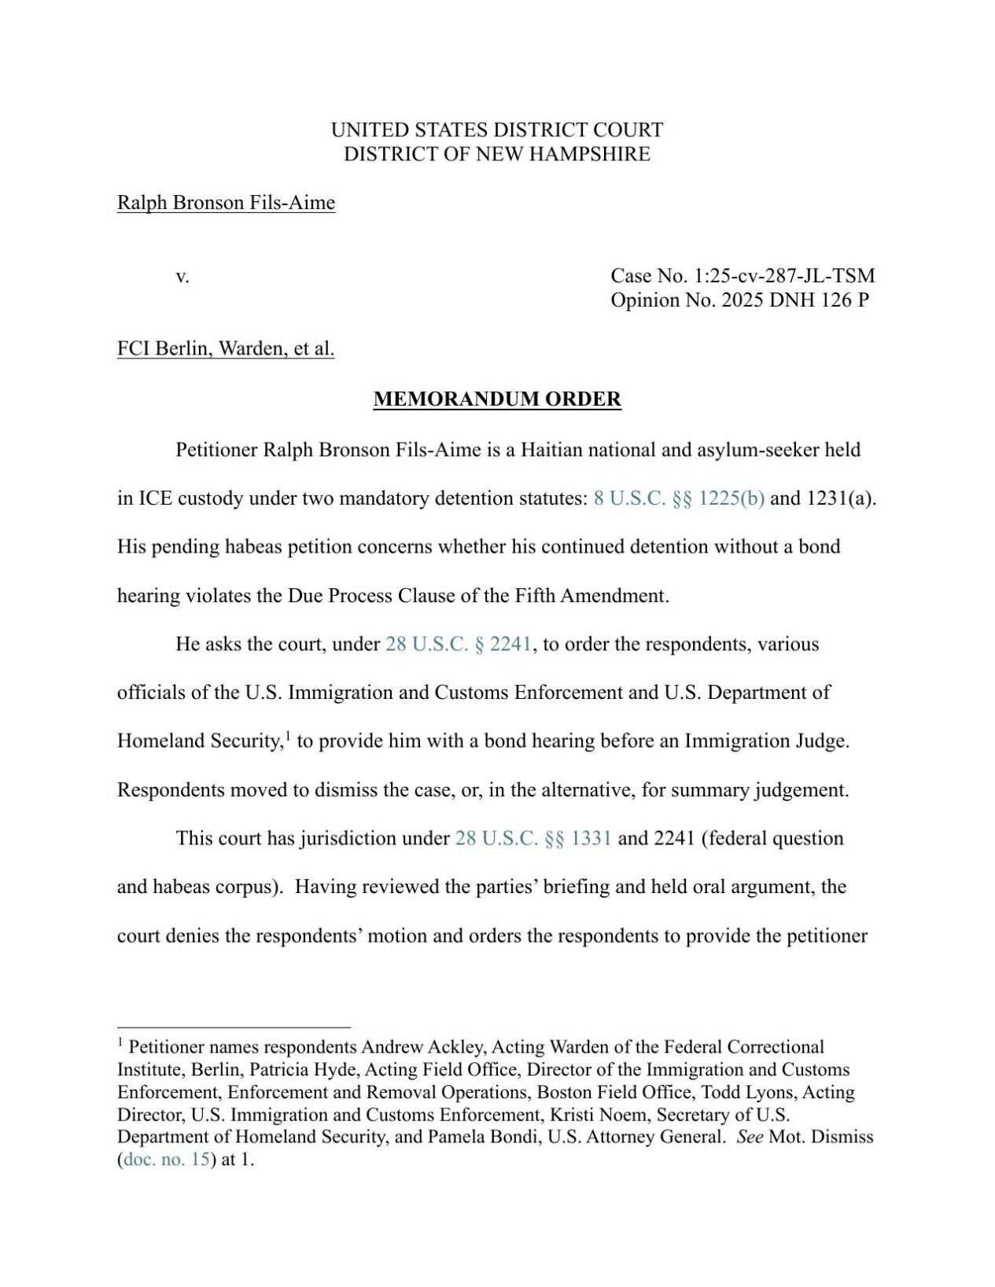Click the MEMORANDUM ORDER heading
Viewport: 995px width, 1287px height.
497,399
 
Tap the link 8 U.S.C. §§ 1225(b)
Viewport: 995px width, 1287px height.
679,498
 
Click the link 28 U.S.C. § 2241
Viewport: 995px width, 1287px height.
459,644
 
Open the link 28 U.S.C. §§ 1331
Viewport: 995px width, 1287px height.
533,838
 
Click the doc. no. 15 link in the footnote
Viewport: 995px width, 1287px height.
167,1160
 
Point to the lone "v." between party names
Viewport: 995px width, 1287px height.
182,277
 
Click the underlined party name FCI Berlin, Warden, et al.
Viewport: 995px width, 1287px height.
226,348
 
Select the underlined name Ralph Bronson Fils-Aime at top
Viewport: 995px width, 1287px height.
226,203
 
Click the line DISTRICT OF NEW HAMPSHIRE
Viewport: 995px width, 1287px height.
497,154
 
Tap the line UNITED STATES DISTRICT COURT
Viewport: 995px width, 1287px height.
497,130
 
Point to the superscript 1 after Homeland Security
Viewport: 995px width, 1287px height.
288,737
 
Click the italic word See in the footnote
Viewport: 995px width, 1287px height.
750,1137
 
